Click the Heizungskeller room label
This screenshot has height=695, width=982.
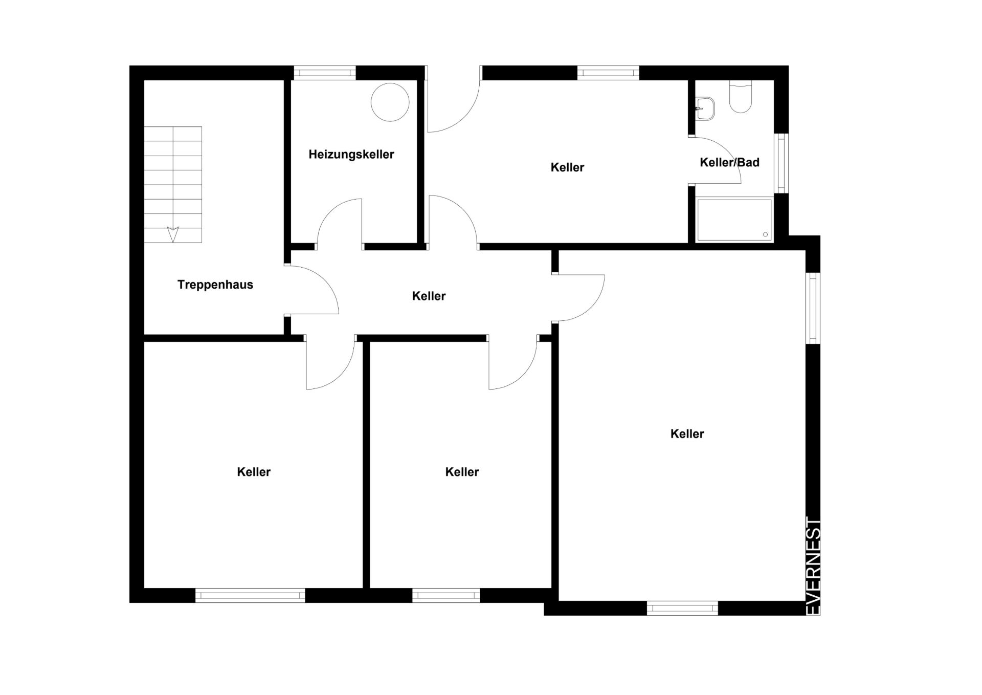tap(351, 155)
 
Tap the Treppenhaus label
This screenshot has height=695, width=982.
tap(215, 285)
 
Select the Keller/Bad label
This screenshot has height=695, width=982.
tap(729, 163)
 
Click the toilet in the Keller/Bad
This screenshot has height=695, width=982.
tap(741, 97)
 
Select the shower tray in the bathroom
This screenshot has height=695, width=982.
tap(734, 220)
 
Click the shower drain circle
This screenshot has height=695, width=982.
tap(766, 235)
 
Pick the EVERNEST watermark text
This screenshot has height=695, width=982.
tap(813, 566)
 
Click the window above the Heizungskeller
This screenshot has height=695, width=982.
tap(325, 73)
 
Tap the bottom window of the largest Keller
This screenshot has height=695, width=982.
tap(682, 608)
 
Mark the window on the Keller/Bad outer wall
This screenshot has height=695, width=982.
tap(781, 163)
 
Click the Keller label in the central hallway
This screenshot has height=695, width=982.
tap(429, 296)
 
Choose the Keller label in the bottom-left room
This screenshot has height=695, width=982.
tap(254, 472)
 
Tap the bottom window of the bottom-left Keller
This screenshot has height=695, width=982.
tap(250, 595)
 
